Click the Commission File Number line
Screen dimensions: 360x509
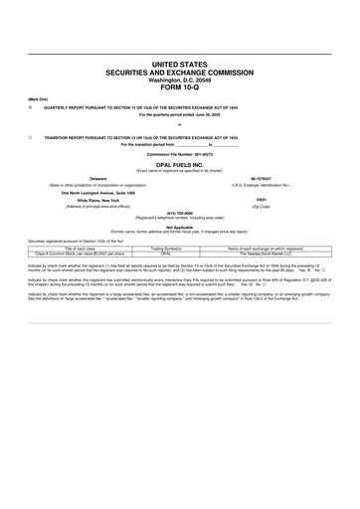point(180,155)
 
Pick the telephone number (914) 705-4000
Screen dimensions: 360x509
point(180,212)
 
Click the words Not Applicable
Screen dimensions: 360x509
point(180,226)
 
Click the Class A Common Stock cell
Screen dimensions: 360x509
point(85,253)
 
